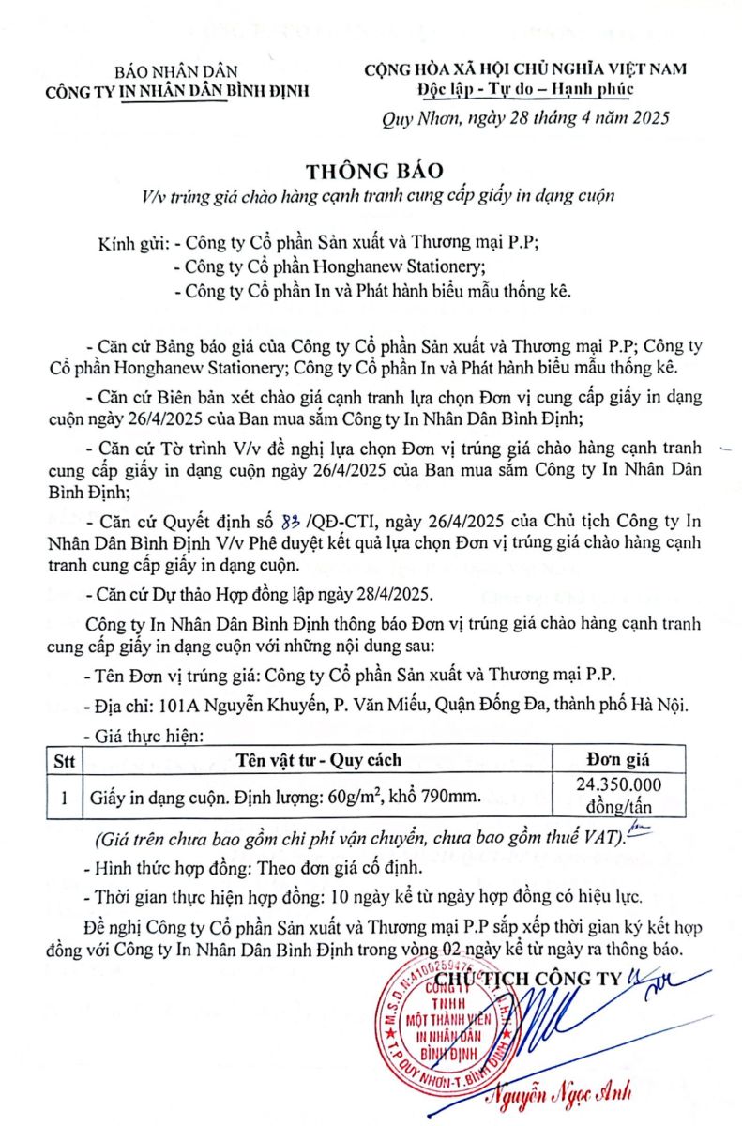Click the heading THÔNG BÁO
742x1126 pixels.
(371, 172)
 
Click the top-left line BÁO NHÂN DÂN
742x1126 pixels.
(176, 71)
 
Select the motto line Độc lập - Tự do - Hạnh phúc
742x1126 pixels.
(526, 89)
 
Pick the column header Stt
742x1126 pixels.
(63, 760)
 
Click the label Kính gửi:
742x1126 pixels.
(134, 243)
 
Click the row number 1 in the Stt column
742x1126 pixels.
(63, 799)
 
